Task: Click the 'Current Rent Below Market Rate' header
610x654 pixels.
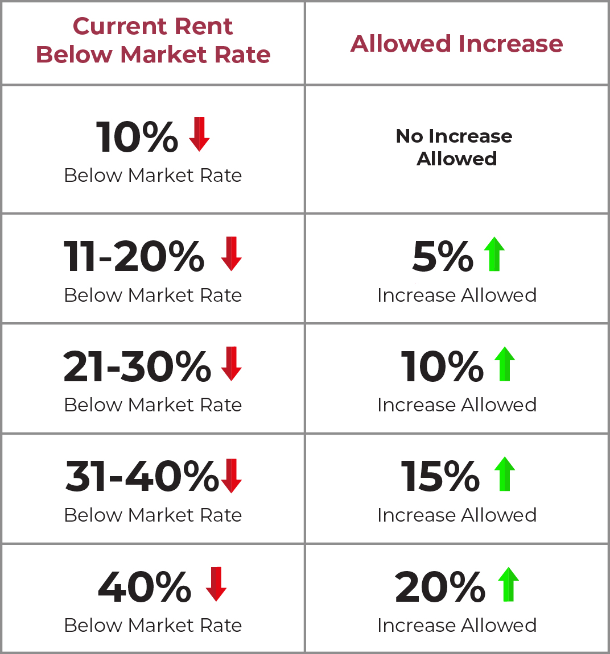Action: (153, 40)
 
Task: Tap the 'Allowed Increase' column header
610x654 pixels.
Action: (457, 43)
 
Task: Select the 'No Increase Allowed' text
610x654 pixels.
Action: (454, 147)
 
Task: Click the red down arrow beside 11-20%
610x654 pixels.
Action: (231, 253)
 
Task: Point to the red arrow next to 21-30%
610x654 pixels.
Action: (231, 363)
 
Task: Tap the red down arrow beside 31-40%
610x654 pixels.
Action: (231, 476)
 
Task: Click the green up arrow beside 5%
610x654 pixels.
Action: (494, 253)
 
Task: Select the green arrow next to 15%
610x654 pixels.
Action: (505, 474)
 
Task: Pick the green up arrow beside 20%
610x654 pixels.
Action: (509, 584)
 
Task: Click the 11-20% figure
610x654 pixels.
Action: (134, 256)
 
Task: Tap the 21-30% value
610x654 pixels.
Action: (137, 366)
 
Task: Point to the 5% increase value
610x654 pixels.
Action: (443, 256)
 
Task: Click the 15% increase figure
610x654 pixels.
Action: (440, 476)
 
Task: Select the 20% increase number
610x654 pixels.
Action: (440, 586)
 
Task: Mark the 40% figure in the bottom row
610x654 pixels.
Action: (145, 586)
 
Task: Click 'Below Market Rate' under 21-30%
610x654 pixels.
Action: (153, 405)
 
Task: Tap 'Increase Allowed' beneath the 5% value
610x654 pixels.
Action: (457, 295)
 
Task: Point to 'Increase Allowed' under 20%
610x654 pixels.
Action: (457, 625)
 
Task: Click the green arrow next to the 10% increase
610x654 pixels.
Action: (505, 364)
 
